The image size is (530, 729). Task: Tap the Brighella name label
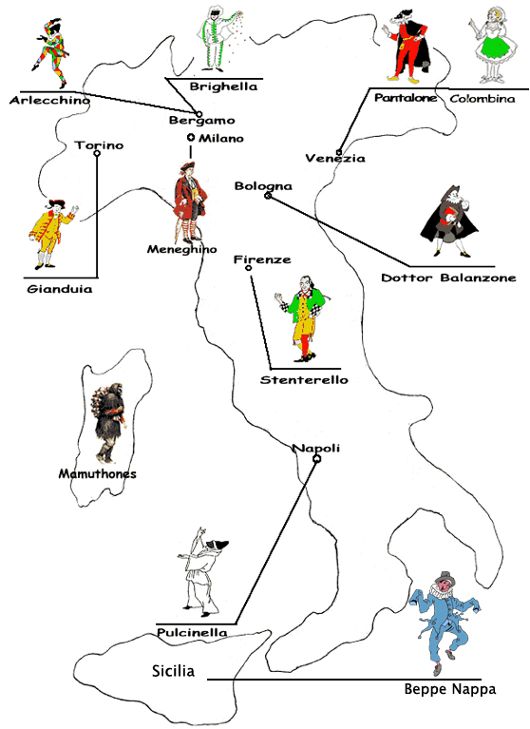click(x=223, y=86)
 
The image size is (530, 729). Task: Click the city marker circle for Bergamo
click(x=199, y=114)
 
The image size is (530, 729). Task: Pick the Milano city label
click(x=221, y=138)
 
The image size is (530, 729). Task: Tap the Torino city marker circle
click(x=97, y=153)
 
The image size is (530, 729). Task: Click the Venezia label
click(x=335, y=159)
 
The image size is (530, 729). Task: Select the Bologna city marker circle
click(x=268, y=196)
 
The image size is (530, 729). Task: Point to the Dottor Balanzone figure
click(x=449, y=221)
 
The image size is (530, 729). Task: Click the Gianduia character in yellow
click(x=52, y=234)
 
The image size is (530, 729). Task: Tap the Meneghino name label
click(x=182, y=249)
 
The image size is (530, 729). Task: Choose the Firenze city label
click(x=262, y=259)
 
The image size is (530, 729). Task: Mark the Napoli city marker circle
click(x=317, y=459)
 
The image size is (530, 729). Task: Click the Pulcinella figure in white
click(x=202, y=572)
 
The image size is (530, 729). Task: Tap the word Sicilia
click(x=173, y=671)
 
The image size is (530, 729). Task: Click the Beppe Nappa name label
click(x=450, y=689)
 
